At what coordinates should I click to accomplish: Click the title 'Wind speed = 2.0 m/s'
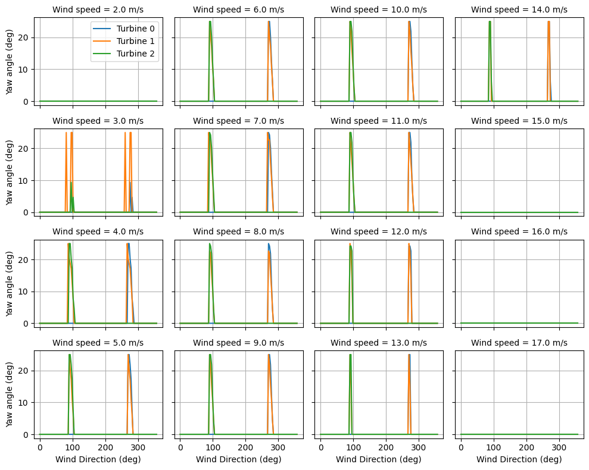[98, 10]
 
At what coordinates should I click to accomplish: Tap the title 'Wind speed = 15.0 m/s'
[519, 121]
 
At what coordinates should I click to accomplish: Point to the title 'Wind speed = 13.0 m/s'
[379, 343]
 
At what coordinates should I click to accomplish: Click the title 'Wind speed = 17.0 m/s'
[519, 343]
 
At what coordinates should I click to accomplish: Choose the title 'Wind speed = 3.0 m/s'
[98, 121]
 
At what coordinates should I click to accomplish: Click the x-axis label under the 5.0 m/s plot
[98, 459]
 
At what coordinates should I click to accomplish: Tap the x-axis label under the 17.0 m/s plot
[519, 459]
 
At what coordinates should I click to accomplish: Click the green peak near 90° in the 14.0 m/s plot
[490, 22]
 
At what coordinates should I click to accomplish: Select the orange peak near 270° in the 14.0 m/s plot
[549, 22]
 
